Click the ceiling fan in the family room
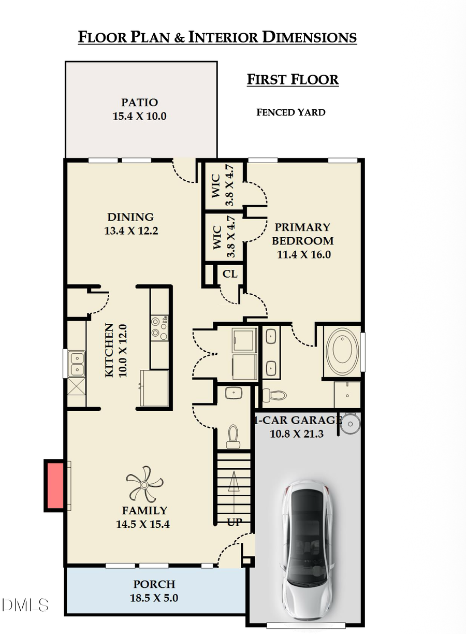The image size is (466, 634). pyautogui.click(x=144, y=484)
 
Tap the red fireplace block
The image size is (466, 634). pyautogui.click(x=54, y=485)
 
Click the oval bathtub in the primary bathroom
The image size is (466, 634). pyautogui.click(x=342, y=351)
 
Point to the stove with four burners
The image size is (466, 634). pyautogui.click(x=159, y=328)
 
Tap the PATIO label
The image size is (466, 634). pyautogui.click(x=139, y=103)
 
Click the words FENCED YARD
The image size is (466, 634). pyautogui.click(x=291, y=112)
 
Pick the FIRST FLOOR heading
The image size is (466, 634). pyautogui.click(x=293, y=80)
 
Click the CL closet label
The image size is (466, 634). pyautogui.click(x=230, y=274)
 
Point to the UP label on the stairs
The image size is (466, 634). pyautogui.click(x=234, y=522)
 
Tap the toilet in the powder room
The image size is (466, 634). pyautogui.click(x=233, y=436)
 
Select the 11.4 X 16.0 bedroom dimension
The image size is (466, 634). pyautogui.click(x=303, y=254)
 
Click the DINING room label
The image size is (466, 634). pyautogui.click(x=130, y=217)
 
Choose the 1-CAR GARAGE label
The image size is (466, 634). pyautogui.click(x=297, y=420)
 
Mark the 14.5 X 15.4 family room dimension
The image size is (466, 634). pyautogui.click(x=143, y=524)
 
